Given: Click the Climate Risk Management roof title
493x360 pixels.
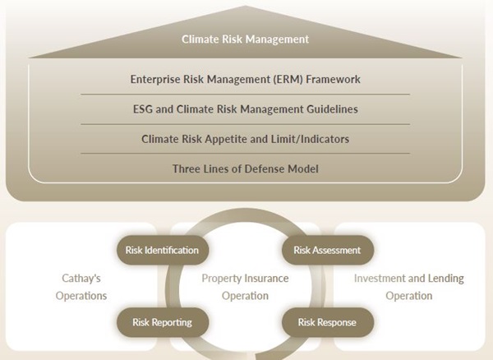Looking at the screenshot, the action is pyautogui.click(x=245, y=39).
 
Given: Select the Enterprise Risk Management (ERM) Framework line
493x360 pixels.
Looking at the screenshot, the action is pyautogui.click(x=245, y=79).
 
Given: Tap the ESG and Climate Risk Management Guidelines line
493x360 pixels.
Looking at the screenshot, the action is pyautogui.click(x=245, y=109).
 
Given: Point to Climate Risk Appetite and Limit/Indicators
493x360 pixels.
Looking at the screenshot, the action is pyautogui.click(x=245, y=139).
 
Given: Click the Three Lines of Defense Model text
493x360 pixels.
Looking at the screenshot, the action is pyautogui.click(x=245, y=168).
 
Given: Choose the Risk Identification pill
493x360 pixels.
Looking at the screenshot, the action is pyautogui.click(x=162, y=250).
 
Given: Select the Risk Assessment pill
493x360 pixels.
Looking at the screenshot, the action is pyautogui.click(x=327, y=250).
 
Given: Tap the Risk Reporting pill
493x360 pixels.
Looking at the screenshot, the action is pyautogui.click(x=162, y=322).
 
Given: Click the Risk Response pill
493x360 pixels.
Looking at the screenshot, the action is pyautogui.click(x=327, y=322).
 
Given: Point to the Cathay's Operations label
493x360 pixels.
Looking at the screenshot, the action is pyautogui.click(x=81, y=287).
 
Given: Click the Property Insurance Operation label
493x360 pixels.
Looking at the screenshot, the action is pyautogui.click(x=245, y=287).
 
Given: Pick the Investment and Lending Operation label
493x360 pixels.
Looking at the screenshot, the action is pyautogui.click(x=409, y=287).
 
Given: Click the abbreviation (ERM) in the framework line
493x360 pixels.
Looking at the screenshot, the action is pyautogui.click(x=288, y=79).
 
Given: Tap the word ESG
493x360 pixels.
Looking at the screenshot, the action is pyautogui.click(x=143, y=109).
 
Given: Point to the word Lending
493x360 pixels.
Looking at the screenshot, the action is pyautogui.click(x=445, y=279).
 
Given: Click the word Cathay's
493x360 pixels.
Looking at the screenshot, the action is pyautogui.click(x=81, y=279).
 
